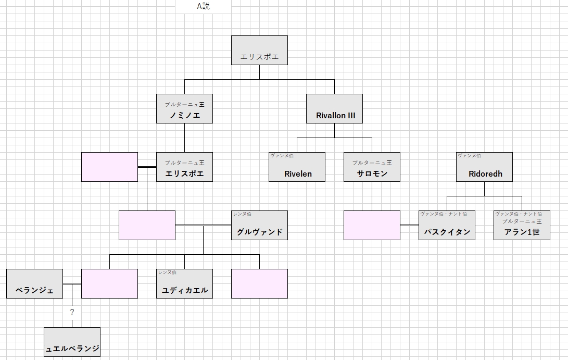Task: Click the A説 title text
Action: coord(203,6)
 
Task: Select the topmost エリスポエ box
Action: coord(259,51)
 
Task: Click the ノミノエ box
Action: coord(184,109)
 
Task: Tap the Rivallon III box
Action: coord(334,109)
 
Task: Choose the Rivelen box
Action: coord(297,167)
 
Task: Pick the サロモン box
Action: coord(372,167)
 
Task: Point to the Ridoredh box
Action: coord(484,167)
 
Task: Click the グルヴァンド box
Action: coord(259,225)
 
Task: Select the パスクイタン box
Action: coord(447,225)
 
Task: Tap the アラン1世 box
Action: coord(522,225)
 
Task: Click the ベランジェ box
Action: coord(34,283)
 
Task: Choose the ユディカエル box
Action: coord(184,283)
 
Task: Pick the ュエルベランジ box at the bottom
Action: coord(72,342)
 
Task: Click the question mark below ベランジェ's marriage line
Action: coord(72,312)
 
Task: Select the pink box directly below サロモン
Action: coord(372,225)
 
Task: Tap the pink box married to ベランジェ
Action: coord(109,283)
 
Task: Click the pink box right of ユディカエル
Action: coord(259,283)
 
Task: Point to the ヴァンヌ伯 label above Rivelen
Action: coord(282,156)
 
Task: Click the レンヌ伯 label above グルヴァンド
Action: coord(242,214)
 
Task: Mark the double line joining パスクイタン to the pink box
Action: coord(409,225)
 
